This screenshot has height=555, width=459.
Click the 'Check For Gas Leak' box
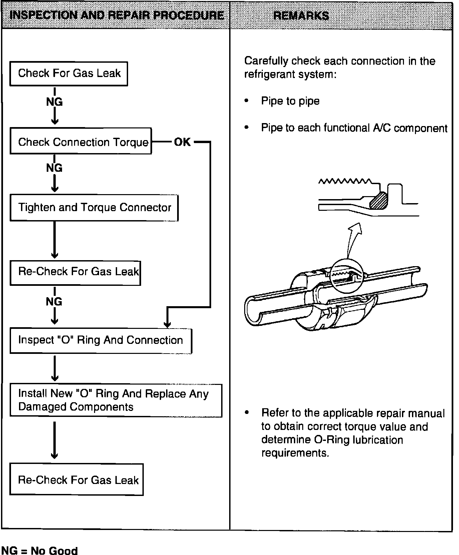69,74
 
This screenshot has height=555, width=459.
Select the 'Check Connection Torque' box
81,141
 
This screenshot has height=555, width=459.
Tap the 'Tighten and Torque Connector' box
94,208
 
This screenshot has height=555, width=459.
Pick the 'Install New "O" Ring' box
116,400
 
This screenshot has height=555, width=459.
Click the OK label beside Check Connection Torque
182,142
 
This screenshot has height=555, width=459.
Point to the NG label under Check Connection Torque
54,167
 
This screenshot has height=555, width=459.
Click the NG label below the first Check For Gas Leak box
54,101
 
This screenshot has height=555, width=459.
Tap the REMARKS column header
301,16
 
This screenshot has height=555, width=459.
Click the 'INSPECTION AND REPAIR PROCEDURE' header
117,15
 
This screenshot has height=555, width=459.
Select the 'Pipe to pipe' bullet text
290,101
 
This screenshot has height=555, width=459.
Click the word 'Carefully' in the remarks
266,61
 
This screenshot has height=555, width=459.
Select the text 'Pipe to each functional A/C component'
354,128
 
